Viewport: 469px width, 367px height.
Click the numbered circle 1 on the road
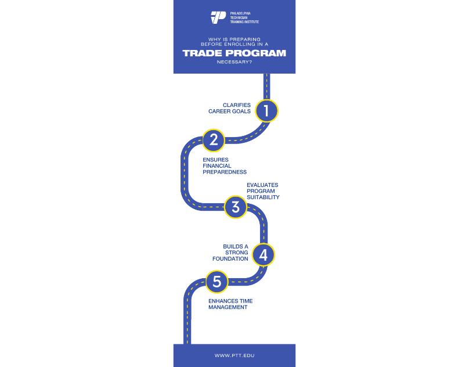[x=266, y=110]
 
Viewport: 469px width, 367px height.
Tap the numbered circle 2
[x=214, y=139]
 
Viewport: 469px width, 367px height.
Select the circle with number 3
[x=236, y=207]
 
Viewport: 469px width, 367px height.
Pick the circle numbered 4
[x=264, y=254]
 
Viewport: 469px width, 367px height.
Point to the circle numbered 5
[x=217, y=282]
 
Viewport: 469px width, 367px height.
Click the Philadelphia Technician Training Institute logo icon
[x=218, y=17]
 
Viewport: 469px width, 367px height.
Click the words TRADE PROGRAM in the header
[x=234, y=53]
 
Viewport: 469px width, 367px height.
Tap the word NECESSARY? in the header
[x=234, y=64]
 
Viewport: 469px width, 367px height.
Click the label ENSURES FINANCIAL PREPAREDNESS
[x=225, y=165]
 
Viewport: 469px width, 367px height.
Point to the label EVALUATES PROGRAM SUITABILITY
[x=263, y=191]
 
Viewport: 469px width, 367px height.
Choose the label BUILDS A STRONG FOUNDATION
[x=236, y=253]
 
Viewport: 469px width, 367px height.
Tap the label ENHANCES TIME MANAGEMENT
[x=230, y=304]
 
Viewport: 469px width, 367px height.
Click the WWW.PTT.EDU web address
[x=234, y=355]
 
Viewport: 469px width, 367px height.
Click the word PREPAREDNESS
[x=225, y=172]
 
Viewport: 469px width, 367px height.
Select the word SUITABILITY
[x=263, y=197]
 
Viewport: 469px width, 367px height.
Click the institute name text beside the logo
[x=244, y=17]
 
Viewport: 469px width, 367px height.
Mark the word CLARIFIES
[x=237, y=105]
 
